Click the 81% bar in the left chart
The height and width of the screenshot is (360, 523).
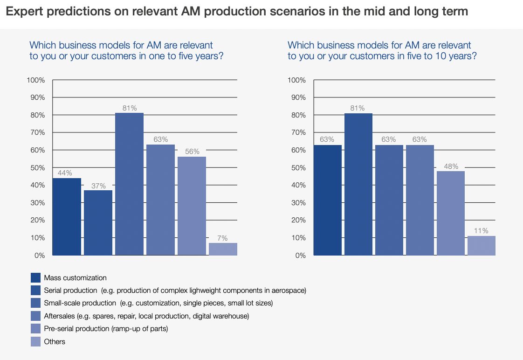[129, 184]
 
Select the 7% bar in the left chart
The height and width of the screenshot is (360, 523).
[223, 249]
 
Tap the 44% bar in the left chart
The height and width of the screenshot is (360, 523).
[67, 216]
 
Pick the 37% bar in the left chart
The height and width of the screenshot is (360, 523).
[98, 222]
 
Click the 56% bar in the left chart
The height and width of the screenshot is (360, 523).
[192, 206]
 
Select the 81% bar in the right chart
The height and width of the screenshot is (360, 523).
[358, 184]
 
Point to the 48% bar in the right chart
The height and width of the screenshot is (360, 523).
[450, 213]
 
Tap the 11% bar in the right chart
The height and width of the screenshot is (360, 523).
[481, 245]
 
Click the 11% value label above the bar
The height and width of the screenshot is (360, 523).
[482, 231]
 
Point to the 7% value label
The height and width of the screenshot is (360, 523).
[223, 238]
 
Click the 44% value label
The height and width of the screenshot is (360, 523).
[65, 173]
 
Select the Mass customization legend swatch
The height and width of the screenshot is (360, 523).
[35, 278]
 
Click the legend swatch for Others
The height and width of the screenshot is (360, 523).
[35, 342]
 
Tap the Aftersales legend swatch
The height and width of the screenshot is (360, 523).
[35, 316]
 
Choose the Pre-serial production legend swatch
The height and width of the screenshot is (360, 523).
[35, 329]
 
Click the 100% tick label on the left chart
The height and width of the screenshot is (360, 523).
[36, 80]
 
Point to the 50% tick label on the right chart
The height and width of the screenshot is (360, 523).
[297, 168]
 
